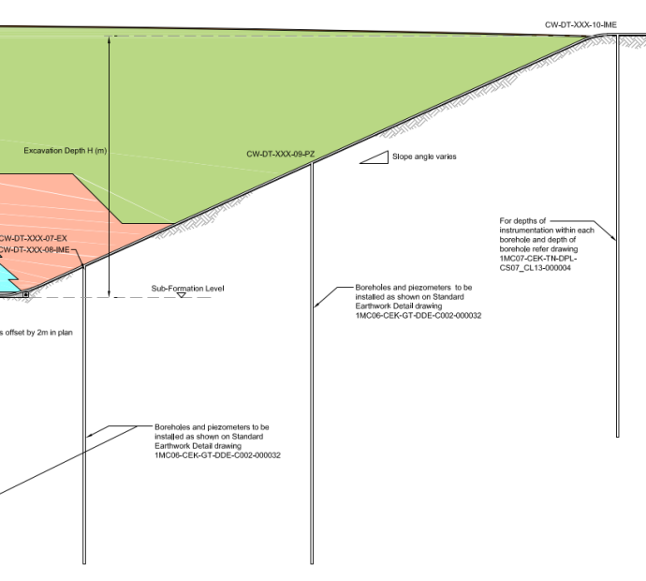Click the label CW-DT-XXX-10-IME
pyautogui.click(x=581, y=25)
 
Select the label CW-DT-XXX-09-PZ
pyautogui.click(x=280, y=154)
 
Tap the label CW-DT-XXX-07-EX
pyautogui.click(x=35, y=239)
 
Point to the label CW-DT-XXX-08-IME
pyautogui.click(x=36, y=250)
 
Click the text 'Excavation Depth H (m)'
pyautogui.click(x=66, y=151)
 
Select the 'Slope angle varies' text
pyautogui.click(x=425, y=156)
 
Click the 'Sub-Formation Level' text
pyautogui.click(x=188, y=288)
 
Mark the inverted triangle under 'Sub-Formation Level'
pyautogui.click(x=182, y=295)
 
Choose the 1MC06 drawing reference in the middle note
pyautogui.click(x=418, y=316)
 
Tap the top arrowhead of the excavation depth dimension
pyautogui.click(x=110, y=40)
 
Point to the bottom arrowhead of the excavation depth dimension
pyautogui.click(x=110, y=293)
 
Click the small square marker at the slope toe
pyautogui.click(x=25, y=294)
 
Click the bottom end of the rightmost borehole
pyautogui.click(x=617, y=436)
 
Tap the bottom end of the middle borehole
pyautogui.click(x=312, y=563)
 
